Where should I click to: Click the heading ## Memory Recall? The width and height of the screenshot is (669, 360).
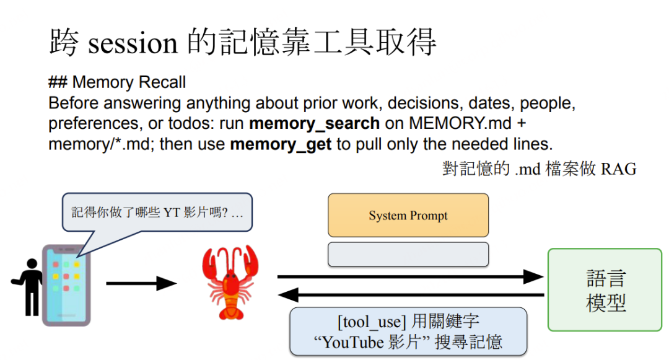click(117, 82)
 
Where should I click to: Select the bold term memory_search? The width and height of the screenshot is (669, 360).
click(314, 123)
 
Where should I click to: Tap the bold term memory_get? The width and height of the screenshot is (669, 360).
click(281, 144)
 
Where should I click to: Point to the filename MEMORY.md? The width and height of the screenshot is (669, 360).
click(458, 123)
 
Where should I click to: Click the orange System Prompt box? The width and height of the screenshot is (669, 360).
click(408, 216)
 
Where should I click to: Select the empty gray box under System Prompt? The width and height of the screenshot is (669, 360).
click(408, 254)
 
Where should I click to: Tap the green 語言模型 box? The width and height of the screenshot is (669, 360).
click(605, 290)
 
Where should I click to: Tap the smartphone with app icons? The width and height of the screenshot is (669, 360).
click(66, 284)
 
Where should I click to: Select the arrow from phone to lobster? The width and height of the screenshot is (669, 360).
click(141, 284)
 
